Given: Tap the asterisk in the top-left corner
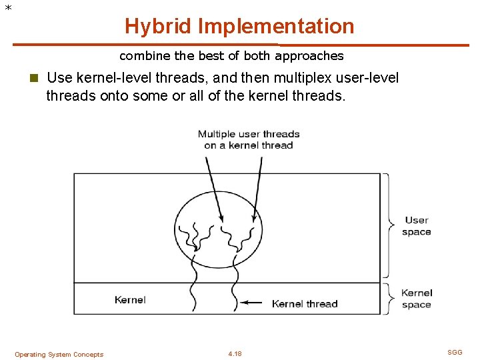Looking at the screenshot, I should coord(7,8).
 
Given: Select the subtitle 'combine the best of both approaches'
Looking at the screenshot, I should coord(231,56).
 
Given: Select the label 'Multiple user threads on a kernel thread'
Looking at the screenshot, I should coord(249,139).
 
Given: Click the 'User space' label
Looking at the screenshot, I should coord(417,226).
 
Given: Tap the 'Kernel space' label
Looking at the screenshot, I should coord(417,299).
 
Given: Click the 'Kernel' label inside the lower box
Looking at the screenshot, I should coord(130,300).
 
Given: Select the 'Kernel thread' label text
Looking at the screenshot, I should coord(305,304).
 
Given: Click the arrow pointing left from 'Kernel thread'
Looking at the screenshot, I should coord(251,302).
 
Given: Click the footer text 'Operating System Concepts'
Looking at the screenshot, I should coord(59,355).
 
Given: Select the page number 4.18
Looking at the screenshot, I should coord(235,354).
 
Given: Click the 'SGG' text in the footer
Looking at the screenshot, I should coord(455,353).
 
